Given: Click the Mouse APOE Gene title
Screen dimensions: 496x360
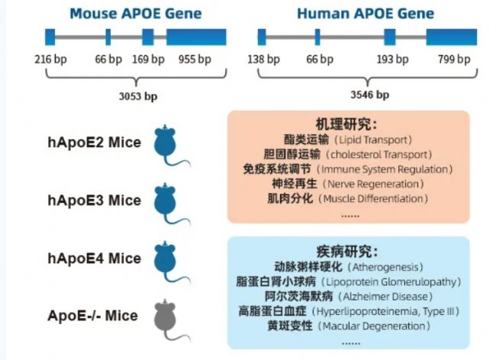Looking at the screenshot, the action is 136,14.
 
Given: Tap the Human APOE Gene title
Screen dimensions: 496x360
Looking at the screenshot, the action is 366,14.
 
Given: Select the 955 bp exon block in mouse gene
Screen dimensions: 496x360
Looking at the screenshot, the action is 196,37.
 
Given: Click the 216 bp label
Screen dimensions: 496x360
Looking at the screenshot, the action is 50,59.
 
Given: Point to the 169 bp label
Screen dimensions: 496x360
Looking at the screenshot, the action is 148,59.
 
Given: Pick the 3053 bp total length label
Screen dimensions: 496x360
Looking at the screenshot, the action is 138,96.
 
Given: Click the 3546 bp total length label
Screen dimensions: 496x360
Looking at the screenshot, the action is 370,95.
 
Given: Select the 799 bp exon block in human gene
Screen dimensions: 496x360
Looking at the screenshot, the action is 452,37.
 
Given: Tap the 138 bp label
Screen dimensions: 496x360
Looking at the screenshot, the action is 263,59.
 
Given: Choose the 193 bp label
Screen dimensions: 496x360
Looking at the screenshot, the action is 392,59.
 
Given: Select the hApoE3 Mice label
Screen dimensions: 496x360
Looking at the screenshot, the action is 95,201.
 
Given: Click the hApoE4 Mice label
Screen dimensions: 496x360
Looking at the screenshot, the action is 95,259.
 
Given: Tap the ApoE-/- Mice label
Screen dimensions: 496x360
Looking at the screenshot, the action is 92,316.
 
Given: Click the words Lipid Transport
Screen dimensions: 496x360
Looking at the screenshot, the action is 373,140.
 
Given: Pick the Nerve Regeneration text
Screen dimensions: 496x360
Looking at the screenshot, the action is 373,184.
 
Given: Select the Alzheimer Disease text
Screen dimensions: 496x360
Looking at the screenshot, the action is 385,297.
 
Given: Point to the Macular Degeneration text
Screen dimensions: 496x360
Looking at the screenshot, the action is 374,326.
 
